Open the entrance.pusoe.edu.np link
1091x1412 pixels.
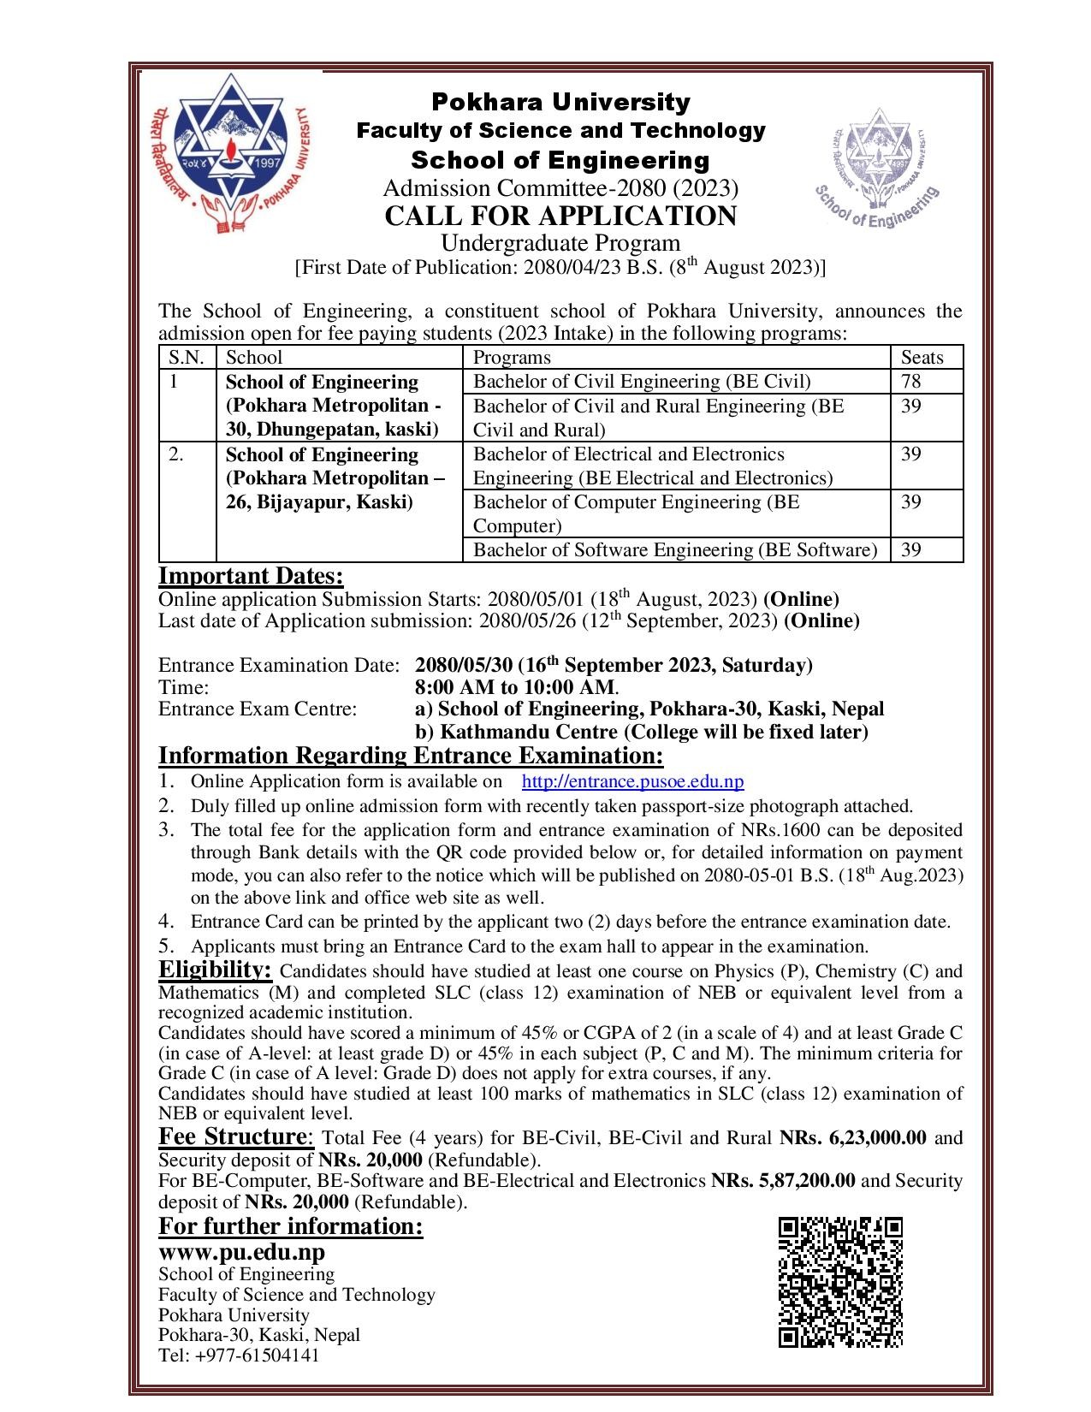coord(632,781)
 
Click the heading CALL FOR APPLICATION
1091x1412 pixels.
coord(560,216)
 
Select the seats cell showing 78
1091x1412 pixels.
coord(911,382)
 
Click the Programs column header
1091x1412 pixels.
coord(513,358)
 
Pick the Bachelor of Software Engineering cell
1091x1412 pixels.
coord(675,549)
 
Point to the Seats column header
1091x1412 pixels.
coord(922,358)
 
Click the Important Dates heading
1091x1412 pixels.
coord(251,576)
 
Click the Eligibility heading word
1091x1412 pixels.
coord(215,970)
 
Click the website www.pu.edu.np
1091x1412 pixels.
coord(241,1252)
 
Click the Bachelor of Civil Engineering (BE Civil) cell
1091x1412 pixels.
coord(642,382)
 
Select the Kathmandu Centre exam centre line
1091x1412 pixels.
coord(642,732)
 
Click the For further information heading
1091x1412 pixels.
coord(291,1226)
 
